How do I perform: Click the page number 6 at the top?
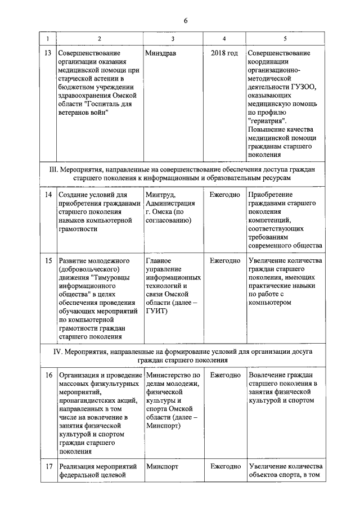[x=185, y=21]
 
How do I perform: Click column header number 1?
[x=47, y=38]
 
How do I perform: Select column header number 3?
[x=173, y=38]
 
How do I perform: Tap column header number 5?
[x=285, y=38]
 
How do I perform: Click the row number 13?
[x=48, y=53]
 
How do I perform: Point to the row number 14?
[x=48, y=194]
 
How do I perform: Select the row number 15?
[x=48, y=261]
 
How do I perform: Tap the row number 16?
[x=48, y=375]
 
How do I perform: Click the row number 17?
[x=48, y=466]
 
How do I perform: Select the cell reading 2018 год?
[x=224, y=53]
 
